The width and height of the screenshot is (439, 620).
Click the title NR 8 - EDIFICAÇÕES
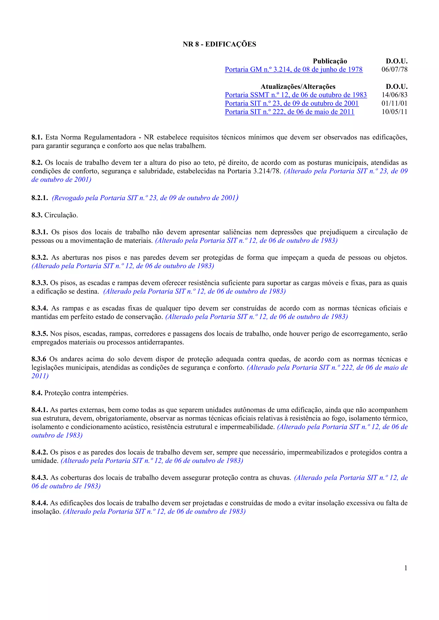(219, 44)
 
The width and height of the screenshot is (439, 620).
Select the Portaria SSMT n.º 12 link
(296, 95)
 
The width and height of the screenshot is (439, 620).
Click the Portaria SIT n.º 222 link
(289, 112)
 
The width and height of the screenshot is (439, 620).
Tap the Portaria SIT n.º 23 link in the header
(292, 103)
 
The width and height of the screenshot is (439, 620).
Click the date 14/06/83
(394, 95)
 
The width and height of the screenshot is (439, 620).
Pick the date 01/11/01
(394, 103)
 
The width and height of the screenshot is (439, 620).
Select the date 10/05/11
(394, 112)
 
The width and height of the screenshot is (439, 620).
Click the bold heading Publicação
(330, 61)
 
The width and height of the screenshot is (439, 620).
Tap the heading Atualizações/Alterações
(298, 86)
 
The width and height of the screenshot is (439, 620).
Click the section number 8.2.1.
(39, 198)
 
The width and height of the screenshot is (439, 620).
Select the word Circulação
(61, 215)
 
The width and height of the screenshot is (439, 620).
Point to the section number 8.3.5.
(39, 334)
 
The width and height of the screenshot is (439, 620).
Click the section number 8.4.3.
(39, 478)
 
